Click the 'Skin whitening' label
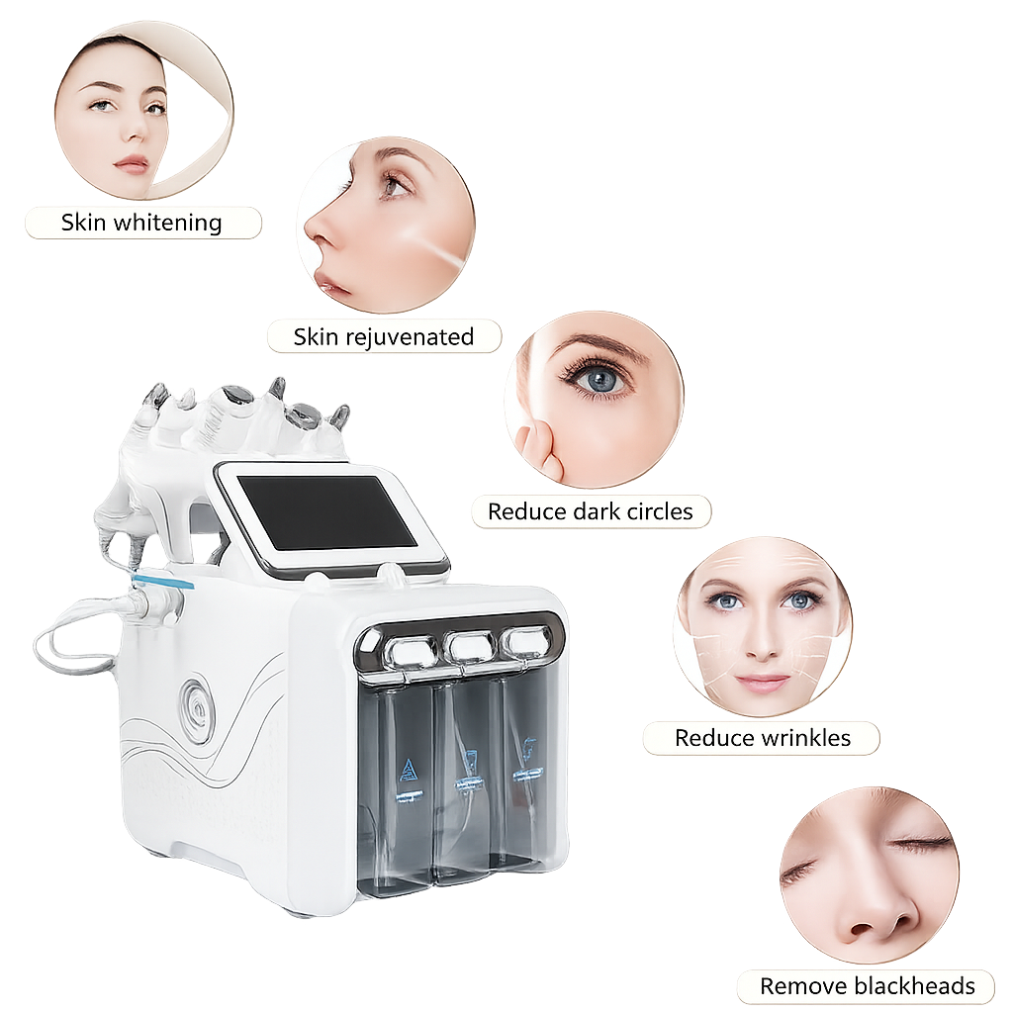coord(141,223)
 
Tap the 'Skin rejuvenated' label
coord(384,336)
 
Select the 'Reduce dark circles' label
coord(590,511)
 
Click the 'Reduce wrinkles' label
coord(763,738)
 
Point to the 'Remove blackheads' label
coord(867,986)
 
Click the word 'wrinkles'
coord(806,738)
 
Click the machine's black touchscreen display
coord(329,513)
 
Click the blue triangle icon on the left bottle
coord(408,771)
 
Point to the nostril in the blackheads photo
coord(867,928)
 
